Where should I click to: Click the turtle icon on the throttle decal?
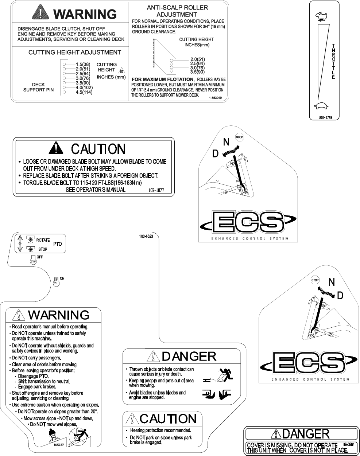click(x=321, y=106)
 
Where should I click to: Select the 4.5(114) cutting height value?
click(x=84, y=92)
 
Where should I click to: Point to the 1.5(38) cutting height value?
click(x=83, y=64)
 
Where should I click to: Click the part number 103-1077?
click(x=156, y=190)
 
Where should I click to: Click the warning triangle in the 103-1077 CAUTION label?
click(x=56, y=148)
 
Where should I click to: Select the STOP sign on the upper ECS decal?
click(x=239, y=137)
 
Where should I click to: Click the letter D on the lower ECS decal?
click(x=340, y=296)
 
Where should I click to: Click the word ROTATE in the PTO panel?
click(x=43, y=240)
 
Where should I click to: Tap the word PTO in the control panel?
click(x=58, y=244)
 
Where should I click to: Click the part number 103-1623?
click(x=146, y=236)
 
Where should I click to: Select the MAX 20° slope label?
click(x=59, y=445)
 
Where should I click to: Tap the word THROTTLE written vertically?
click(x=333, y=62)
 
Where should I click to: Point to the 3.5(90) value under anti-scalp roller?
click(x=197, y=72)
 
